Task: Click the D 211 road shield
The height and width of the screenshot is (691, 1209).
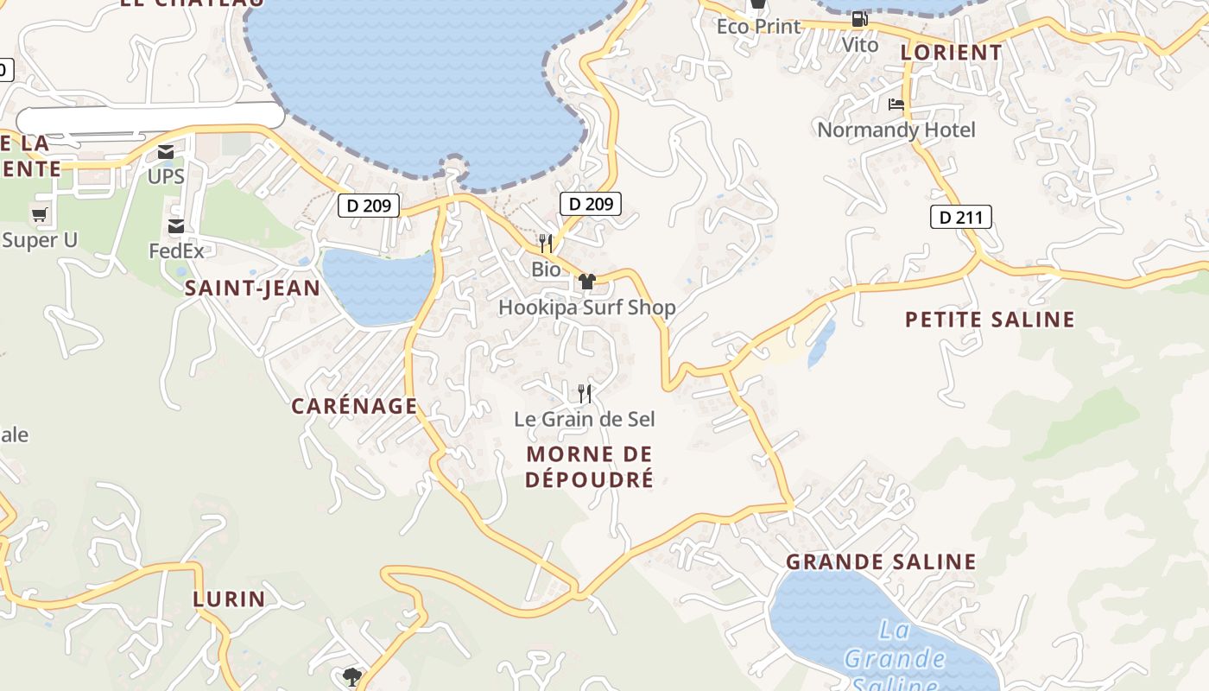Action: click(x=960, y=217)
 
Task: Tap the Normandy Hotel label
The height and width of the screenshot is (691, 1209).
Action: click(x=896, y=130)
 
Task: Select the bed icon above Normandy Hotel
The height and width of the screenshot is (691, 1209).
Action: click(x=896, y=105)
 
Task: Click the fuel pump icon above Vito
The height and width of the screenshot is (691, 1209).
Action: click(x=859, y=19)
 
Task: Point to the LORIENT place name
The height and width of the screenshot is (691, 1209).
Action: click(x=951, y=53)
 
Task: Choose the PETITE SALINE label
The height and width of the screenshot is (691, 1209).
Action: click(x=990, y=320)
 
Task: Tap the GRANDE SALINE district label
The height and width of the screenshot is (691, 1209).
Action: click(x=881, y=561)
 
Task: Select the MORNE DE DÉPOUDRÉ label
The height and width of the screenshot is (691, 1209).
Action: click(x=590, y=466)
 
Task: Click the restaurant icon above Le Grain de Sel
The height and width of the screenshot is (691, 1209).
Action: click(x=585, y=394)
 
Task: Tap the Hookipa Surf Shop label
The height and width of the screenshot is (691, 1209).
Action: click(x=586, y=307)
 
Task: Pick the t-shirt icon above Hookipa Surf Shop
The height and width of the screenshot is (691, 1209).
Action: click(x=587, y=281)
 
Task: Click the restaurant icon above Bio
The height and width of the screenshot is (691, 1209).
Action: click(x=545, y=243)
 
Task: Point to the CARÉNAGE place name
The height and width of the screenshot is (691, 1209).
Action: click(x=354, y=406)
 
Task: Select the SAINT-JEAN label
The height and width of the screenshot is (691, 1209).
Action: click(x=252, y=288)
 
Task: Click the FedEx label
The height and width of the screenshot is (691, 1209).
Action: click(x=176, y=251)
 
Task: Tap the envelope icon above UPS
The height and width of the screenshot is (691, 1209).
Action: click(x=166, y=153)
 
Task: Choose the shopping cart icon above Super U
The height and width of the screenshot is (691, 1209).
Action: click(x=39, y=215)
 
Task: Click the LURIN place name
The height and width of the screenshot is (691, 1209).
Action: click(x=229, y=599)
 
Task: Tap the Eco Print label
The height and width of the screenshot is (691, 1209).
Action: click(x=758, y=26)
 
